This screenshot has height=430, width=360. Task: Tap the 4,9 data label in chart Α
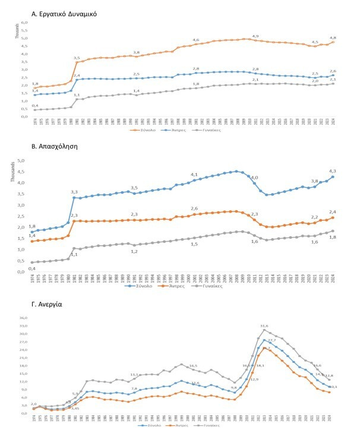[255, 36]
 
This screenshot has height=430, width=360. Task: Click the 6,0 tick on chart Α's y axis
[25, 23]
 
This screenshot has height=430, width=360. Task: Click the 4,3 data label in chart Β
[333, 171]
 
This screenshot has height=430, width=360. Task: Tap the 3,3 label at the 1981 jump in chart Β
[74, 192]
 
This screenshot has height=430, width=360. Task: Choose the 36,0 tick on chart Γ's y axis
[24, 317]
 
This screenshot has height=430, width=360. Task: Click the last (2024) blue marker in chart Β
[333, 177]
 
